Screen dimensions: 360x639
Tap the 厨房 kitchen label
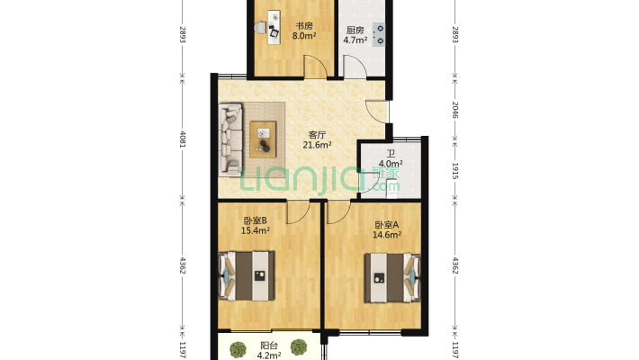(x=355, y=30)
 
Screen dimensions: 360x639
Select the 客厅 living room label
(x=318, y=135)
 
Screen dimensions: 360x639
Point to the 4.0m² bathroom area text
(x=391, y=165)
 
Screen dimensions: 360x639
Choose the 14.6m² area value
(x=386, y=235)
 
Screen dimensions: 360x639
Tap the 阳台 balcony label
(x=268, y=345)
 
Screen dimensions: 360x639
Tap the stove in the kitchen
(x=382, y=32)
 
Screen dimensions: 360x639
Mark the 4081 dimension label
(x=184, y=139)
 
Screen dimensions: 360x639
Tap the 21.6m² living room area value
(x=318, y=145)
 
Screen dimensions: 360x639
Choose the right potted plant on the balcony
(x=299, y=350)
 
